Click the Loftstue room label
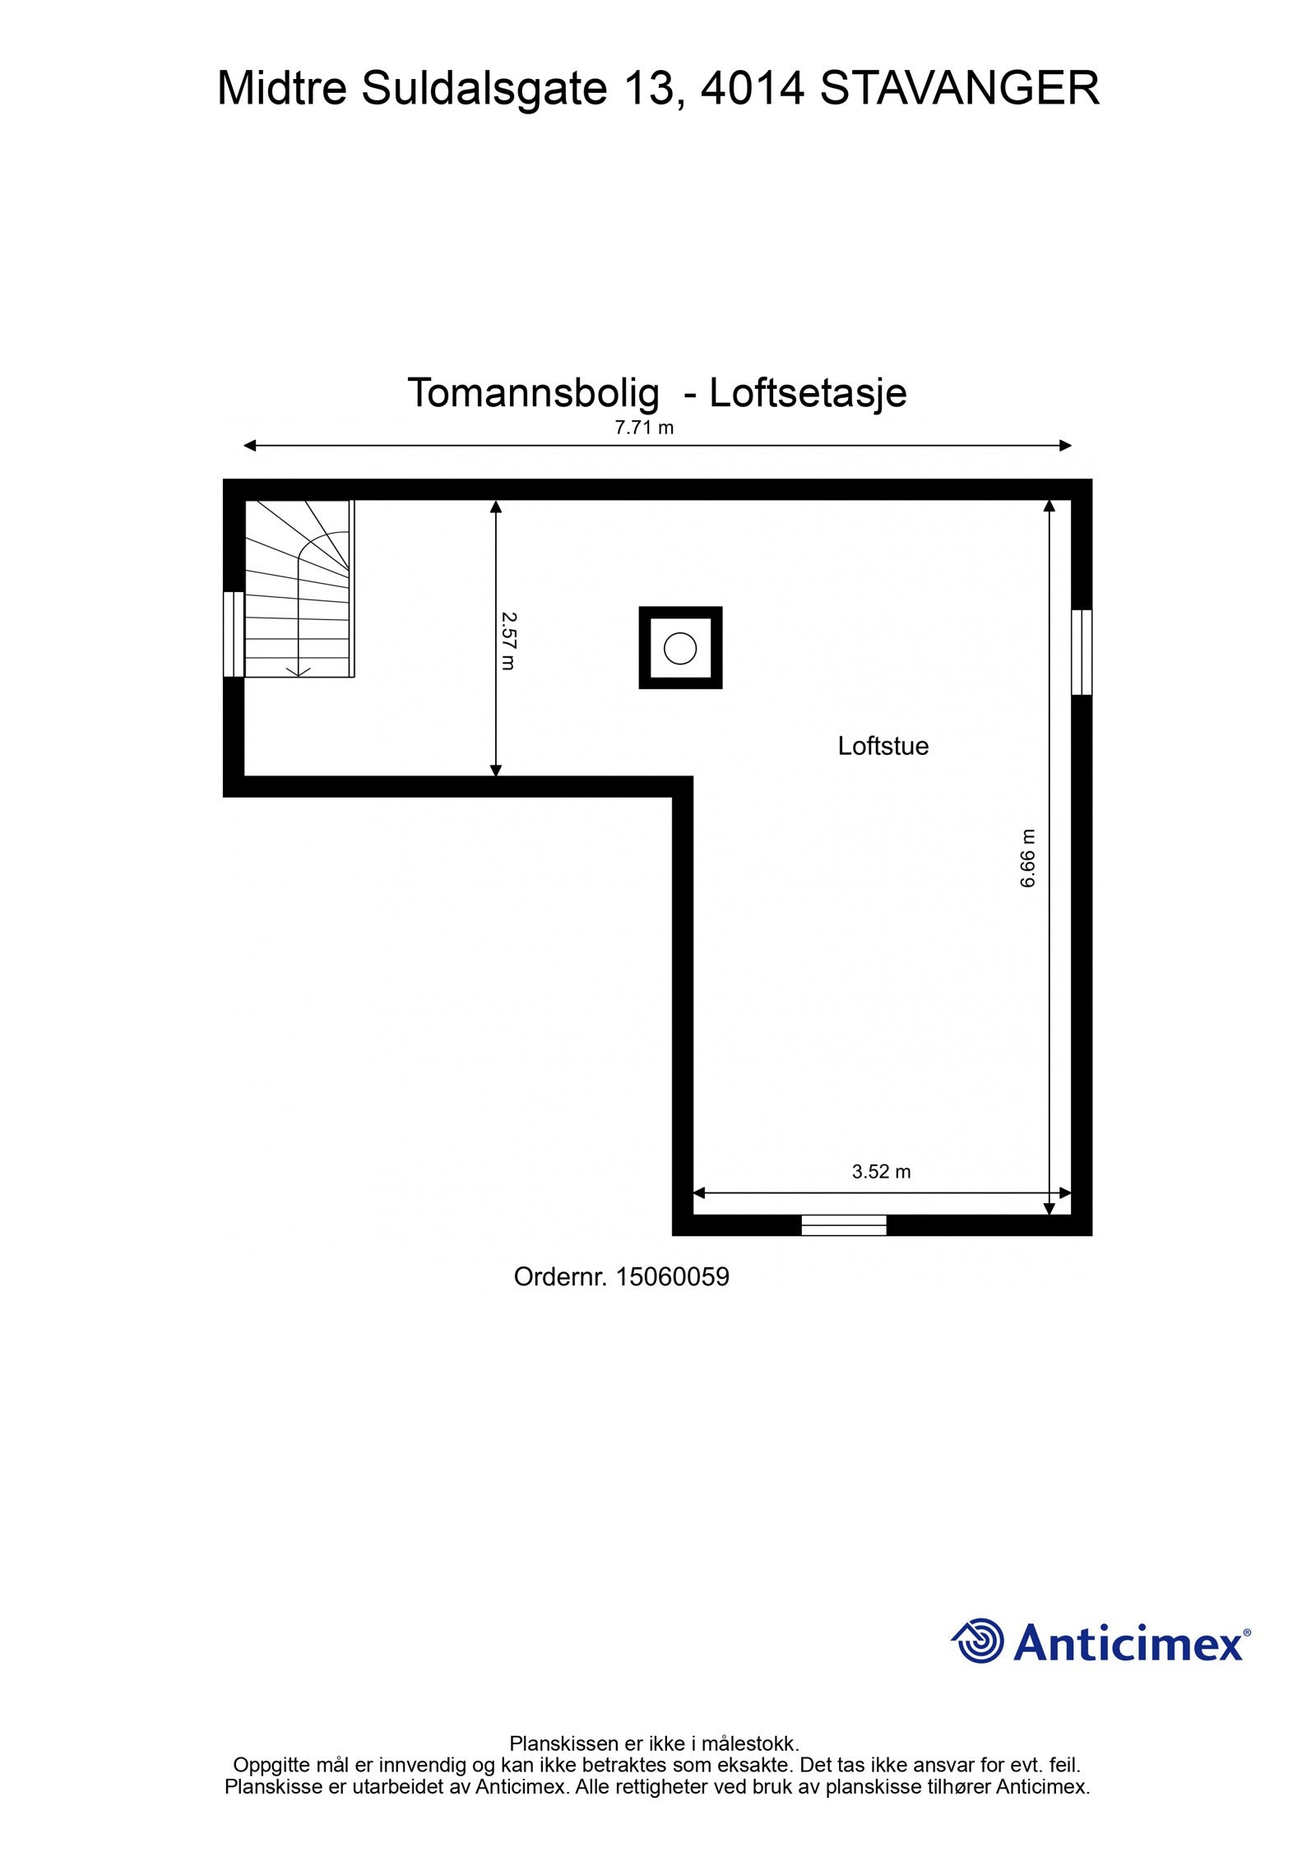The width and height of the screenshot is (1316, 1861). coord(883,746)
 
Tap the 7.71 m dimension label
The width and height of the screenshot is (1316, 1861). coord(644,428)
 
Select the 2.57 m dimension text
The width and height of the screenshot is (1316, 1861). coord(507,640)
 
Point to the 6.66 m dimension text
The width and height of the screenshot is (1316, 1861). coord(1028,858)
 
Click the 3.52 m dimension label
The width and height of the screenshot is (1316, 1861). coord(881,1172)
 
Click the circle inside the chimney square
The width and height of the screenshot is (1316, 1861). coord(679,648)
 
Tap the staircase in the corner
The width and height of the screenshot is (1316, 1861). coord(299,588)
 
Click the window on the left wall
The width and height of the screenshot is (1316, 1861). coord(234,633)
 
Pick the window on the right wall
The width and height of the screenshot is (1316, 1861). coord(1082,652)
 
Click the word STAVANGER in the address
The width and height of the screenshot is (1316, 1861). coord(959,89)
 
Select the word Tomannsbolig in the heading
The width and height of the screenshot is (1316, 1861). coord(533,393)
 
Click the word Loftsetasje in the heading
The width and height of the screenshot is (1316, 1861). coord(808,393)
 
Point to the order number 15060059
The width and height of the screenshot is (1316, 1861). coord(672,1277)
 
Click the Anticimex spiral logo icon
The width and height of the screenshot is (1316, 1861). coord(977,1641)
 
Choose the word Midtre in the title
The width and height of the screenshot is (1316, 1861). coord(282,89)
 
